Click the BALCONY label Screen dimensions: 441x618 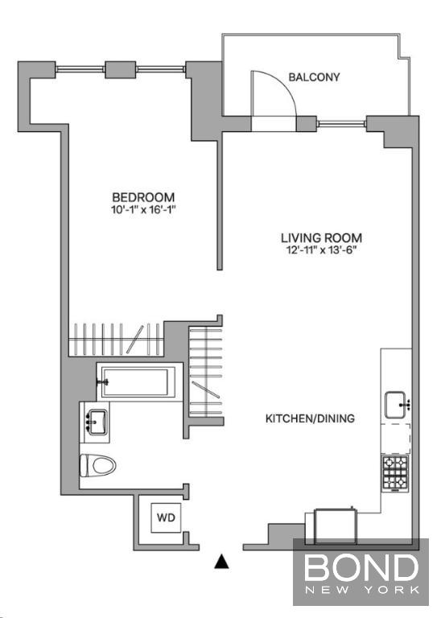pos(314,77)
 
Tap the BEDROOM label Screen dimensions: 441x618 pos(143,197)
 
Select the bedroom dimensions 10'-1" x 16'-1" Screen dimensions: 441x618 pos(142,209)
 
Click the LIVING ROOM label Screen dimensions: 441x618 pos(321,238)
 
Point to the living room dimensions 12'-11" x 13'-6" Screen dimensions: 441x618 pos(322,250)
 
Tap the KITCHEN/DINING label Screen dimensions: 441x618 pos(310,418)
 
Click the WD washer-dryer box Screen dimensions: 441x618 pos(166,517)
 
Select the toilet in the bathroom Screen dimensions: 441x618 pos(97,465)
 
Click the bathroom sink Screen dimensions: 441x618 pos(97,422)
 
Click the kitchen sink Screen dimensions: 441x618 pos(395,405)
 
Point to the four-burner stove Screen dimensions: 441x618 pos(395,473)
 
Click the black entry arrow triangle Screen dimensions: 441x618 pos(221,562)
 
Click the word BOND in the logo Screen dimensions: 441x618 pos(361,567)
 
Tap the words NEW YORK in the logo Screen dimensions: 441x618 pos(361,590)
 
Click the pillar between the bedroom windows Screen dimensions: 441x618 pos(121,69)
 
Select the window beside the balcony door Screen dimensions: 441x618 pos(342,124)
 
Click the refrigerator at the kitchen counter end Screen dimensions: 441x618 pos(336,526)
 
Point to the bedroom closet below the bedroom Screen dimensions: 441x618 pos(116,340)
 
